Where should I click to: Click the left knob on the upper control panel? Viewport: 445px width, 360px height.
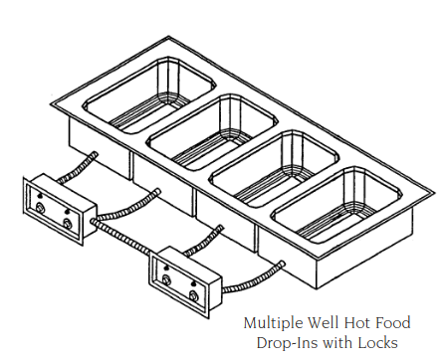pos(41,207)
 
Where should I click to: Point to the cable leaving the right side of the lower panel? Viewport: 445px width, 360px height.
pos(249,277)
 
